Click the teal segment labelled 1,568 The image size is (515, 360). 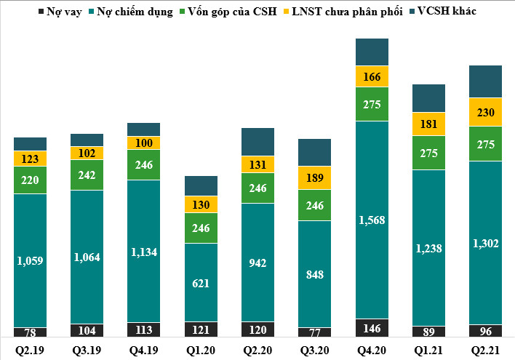(x=372, y=220)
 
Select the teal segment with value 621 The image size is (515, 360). (x=201, y=282)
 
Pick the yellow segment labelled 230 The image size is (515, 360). (x=486, y=112)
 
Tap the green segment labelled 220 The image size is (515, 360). (x=30, y=180)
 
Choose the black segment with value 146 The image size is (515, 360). (x=372, y=329)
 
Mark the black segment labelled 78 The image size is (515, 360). (x=30, y=332)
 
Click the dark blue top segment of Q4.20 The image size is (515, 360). (x=372, y=52)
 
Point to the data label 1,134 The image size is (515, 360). (x=144, y=252)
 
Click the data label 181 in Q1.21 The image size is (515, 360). (x=428, y=123)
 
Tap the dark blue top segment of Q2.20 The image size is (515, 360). (x=257, y=140)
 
